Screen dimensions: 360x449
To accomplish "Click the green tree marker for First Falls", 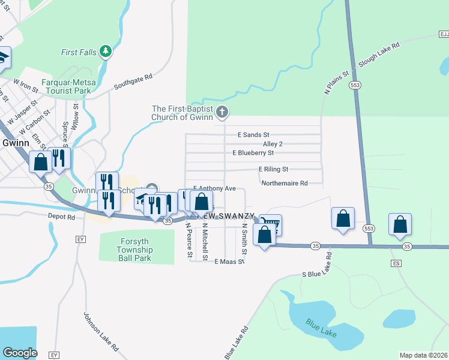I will [106, 52].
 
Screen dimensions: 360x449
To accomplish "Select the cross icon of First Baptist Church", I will [222, 112].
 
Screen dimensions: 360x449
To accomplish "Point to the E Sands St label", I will [253, 135].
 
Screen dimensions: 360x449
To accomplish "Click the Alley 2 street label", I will [273, 144].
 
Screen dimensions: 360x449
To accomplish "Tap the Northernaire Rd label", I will [285, 183].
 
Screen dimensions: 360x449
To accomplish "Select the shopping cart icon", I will [271, 225].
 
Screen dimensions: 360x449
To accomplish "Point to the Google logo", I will [20, 353].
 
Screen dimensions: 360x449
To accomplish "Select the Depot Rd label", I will [62, 216].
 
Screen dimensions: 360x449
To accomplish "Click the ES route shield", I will [396, 263].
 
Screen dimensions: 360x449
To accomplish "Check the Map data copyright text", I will [423, 355].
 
